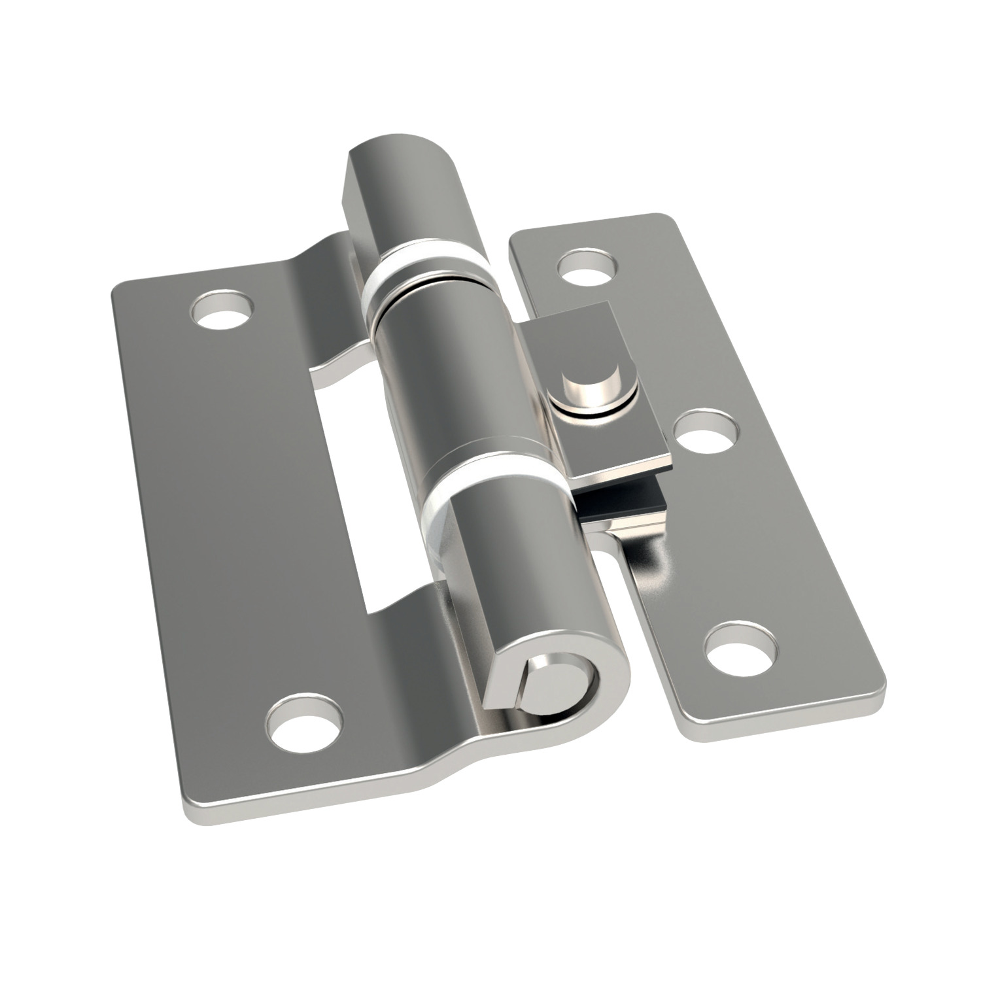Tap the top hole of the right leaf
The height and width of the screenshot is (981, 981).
(x=588, y=267)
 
